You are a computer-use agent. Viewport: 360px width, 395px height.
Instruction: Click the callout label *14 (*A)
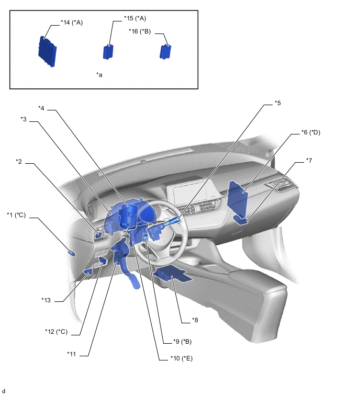72,22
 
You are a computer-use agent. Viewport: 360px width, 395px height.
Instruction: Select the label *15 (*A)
135,18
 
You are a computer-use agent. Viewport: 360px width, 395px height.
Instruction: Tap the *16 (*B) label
140,31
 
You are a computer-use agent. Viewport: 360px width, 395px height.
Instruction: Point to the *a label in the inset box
99,75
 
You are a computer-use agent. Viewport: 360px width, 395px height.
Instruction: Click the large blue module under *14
48,51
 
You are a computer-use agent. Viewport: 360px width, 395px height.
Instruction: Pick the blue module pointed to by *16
165,52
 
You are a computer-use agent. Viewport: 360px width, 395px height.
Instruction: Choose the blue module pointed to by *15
108,52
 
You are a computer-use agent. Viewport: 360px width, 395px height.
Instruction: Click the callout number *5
277,103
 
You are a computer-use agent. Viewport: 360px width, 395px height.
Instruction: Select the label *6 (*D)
311,132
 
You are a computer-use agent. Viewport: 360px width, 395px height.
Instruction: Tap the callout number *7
309,161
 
